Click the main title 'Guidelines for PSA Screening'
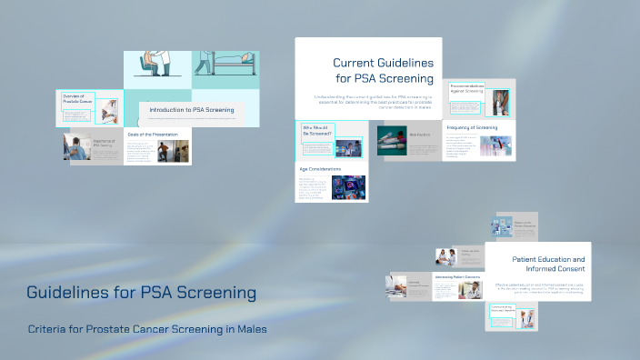(x=141, y=294)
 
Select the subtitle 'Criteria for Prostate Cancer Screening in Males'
(x=147, y=328)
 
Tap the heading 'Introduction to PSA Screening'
(x=192, y=110)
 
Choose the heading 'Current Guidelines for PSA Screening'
(x=383, y=70)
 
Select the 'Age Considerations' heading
(x=320, y=169)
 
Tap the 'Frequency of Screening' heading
(x=472, y=128)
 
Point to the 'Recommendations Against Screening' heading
(x=467, y=88)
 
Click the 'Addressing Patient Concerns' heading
(x=456, y=275)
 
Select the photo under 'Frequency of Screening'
(x=496, y=146)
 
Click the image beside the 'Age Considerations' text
(x=348, y=187)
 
